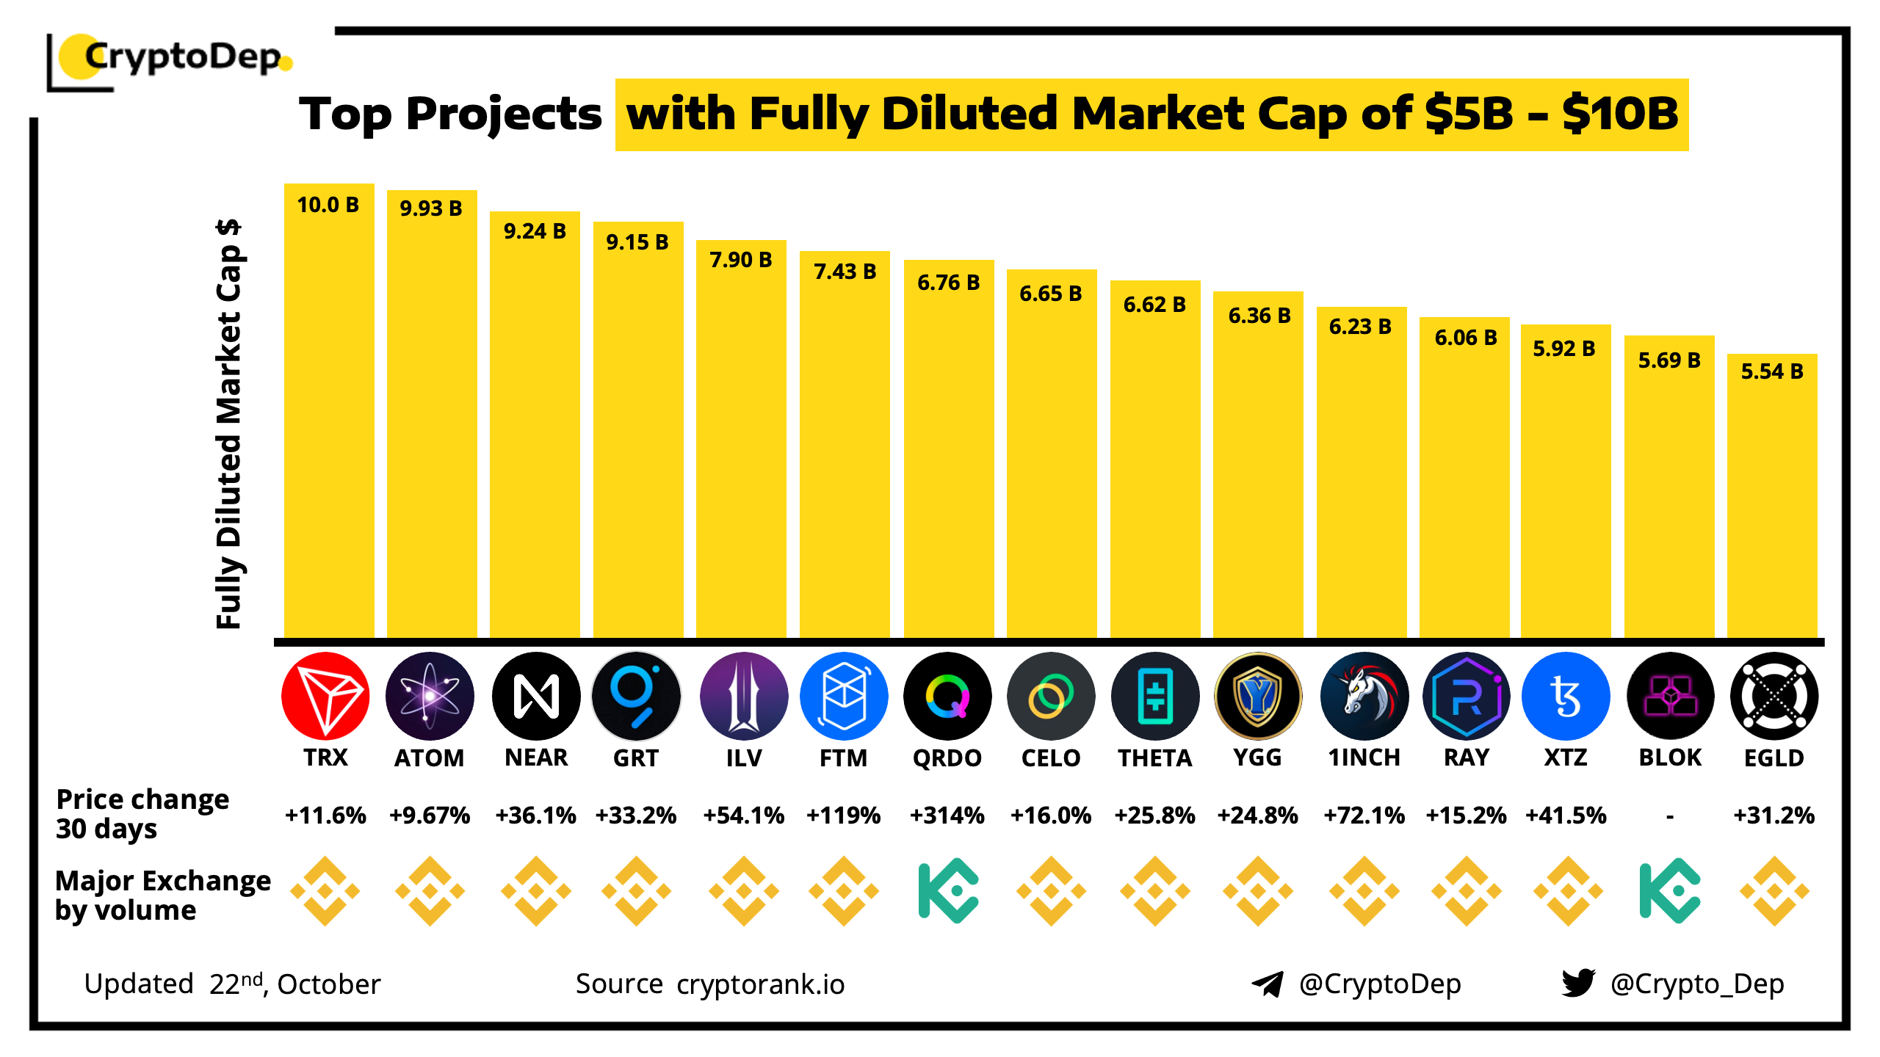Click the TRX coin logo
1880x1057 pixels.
tap(325, 696)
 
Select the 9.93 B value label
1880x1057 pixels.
tap(430, 208)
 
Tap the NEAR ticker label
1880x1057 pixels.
tap(536, 758)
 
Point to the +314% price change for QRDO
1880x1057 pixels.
tap(947, 816)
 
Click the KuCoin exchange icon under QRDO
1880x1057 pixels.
tap(947, 891)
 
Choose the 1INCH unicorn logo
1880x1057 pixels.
tap(1364, 696)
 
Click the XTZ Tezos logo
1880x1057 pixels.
tap(1566, 696)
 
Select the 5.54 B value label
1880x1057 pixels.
tap(1772, 371)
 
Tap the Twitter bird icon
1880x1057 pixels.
tap(1578, 983)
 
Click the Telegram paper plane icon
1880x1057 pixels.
tap(1267, 984)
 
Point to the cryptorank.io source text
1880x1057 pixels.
tap(760, 984)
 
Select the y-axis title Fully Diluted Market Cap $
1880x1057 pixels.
tap(228, 424)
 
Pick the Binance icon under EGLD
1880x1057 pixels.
tap(1774, 891)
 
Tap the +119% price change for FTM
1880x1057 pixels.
tap(843, 816)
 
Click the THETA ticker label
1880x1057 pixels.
tap(1154, 758)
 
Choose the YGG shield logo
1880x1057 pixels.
tap(1258, 696)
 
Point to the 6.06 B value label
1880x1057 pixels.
tap(1466, 338)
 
